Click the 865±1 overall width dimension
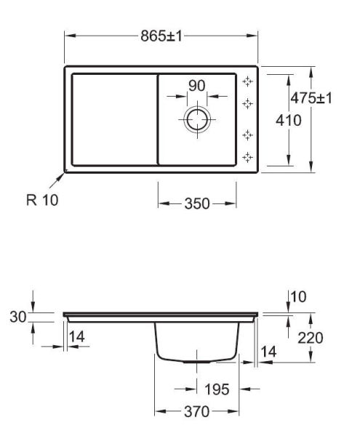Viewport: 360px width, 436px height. pyautogui.click(x=161, y=36)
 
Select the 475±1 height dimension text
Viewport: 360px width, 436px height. pyautogui.click(x=311, y=98)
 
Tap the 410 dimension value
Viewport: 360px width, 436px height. pyautogui.click(x=289, y=121)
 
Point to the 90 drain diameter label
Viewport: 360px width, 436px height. pyautogui.click(x=196, y=86)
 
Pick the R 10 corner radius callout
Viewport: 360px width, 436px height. pyautogui.click(x=42, y=200)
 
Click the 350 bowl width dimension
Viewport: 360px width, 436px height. pyautogui.click(x=197, y=203)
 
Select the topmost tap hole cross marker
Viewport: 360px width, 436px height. pyautogui.click(x=247, y=81)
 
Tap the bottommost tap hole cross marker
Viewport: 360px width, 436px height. pyautogui.click(x=247, y=158)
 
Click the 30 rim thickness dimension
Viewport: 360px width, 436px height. pyautogui.click(x=18, y=317)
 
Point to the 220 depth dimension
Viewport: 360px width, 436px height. pyautogui.click(x=311, y=338)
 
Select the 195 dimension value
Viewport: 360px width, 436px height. pyautogui.click(x=217, y=389)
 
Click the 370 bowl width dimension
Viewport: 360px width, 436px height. pyautogui.click(x=196, y=411)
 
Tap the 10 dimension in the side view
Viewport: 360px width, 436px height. pyautogui.click(x=298, y=296)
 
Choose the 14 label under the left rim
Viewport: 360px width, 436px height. pyautogui.click(x=76, y=336)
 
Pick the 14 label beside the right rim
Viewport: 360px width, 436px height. pyautogui.click(x=268, y=352)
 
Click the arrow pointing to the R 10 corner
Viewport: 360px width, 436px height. pyautogui.click(x=57, y=180)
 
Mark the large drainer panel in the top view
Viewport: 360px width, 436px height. pyautogui.click(x=115, y=120)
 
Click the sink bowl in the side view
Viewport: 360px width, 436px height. pyautogui.click(x=197, y=342)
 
